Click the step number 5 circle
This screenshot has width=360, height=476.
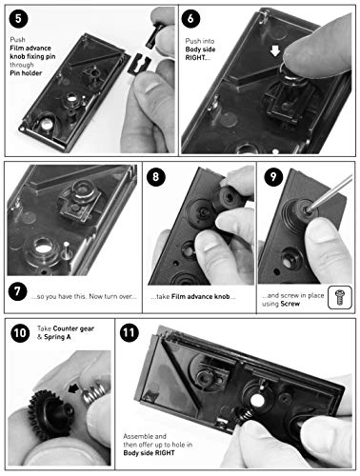18,18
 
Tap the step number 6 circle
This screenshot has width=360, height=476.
190,18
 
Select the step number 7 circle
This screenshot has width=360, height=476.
17,291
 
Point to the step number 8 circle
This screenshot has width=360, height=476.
156,176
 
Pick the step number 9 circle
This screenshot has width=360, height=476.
273,176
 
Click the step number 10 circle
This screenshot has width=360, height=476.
20,333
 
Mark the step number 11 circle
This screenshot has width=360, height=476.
130,332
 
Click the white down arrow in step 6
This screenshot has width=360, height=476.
275,50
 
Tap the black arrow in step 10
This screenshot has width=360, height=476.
74,388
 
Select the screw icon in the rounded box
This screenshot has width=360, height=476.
340,297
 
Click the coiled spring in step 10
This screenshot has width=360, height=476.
94,393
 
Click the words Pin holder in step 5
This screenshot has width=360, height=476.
26,73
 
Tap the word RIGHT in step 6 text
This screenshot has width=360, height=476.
195,58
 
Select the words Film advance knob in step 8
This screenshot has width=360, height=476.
201,297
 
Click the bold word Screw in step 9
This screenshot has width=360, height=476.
290,304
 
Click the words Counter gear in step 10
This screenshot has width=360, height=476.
73,328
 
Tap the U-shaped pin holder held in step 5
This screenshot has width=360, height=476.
139,63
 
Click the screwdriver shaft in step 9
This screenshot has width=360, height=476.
330,192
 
